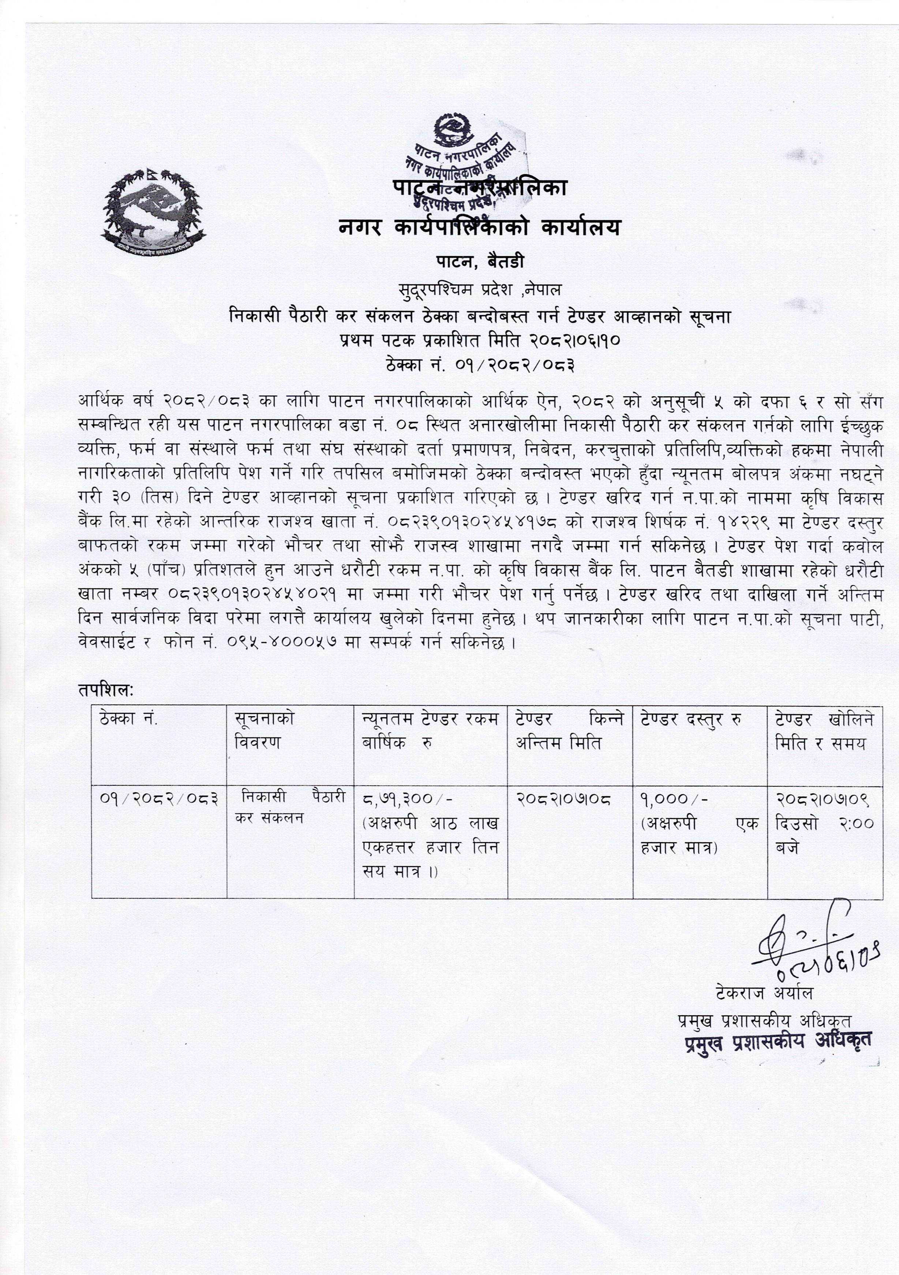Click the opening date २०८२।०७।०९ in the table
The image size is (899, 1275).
coord(823,800)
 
